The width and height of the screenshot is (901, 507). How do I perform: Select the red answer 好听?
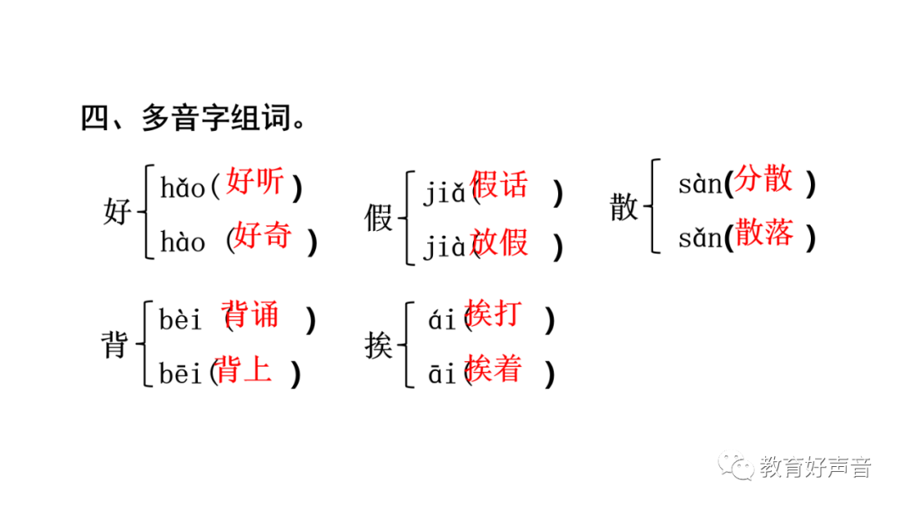coord(254,182)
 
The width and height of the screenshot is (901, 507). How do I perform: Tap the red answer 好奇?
coord(262,236)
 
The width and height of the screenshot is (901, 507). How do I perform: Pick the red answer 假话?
coord(500,184)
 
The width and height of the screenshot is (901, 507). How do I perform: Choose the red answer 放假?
coord(500,242)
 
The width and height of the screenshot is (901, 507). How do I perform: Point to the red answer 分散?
coord(764,179)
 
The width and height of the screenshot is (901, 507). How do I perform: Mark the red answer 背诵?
coord(252,315)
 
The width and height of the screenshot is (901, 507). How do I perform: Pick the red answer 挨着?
coord(494,368)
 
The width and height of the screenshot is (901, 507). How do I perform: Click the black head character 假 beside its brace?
coord(379,219)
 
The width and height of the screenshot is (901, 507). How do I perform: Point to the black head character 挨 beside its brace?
coord(379,346)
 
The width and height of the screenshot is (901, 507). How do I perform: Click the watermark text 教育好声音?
coord(815,468)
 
